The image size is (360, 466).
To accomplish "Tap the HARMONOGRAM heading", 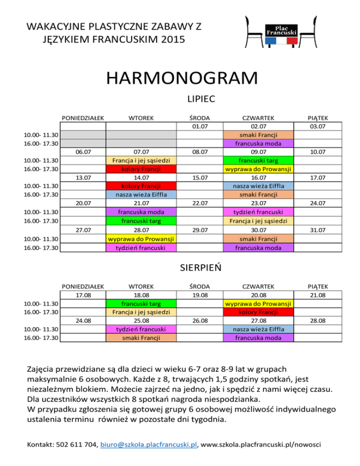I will coord(181,77).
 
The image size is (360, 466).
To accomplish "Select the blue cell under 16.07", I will coord(259,186).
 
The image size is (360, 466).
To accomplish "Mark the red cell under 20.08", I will coord(259,312).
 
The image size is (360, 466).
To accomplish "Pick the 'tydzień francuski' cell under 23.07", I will coord(259,212).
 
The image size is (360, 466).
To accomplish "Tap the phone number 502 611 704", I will coord(75,443).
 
